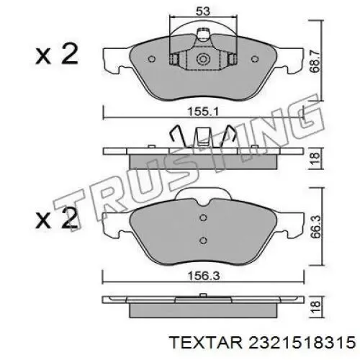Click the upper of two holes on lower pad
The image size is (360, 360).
[x=203, y=222]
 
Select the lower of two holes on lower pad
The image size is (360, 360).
[x=203, y=241]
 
